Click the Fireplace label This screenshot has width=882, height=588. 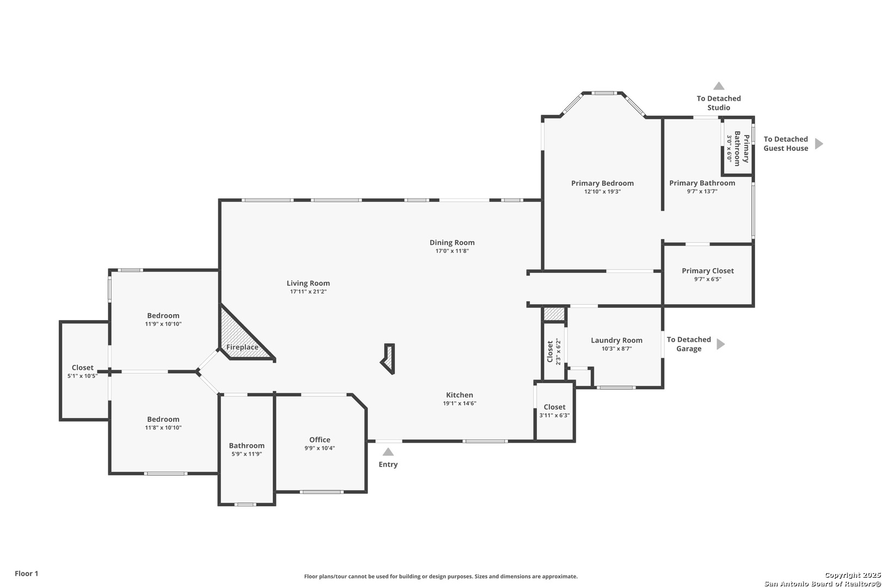[242, 347]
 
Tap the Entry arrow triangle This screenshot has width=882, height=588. [388, 452]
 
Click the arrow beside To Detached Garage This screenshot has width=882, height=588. [720, 344]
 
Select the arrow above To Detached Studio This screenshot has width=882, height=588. [719, 86]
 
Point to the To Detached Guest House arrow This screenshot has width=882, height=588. [819, 143]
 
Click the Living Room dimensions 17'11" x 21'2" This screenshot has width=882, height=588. [308, 292]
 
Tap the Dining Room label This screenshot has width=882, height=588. [452, 243]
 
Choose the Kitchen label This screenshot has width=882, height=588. [460, 395]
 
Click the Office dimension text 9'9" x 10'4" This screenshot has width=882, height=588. [320, 448]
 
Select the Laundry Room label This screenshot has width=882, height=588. [617, 340]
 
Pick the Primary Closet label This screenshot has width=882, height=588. [708, 271]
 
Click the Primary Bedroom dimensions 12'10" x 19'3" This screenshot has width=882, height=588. [603, 192]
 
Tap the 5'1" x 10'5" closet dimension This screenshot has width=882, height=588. [83, 376]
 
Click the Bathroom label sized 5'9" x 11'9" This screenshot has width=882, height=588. [247, 445]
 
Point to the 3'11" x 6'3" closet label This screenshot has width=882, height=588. [554, 415]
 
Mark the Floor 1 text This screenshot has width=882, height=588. [26, 573]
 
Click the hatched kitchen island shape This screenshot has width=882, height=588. [388, 359]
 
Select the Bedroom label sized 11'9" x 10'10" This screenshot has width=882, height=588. [163, 315]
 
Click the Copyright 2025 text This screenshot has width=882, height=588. [853, 575]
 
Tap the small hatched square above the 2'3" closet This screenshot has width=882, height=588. [554, 314]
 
